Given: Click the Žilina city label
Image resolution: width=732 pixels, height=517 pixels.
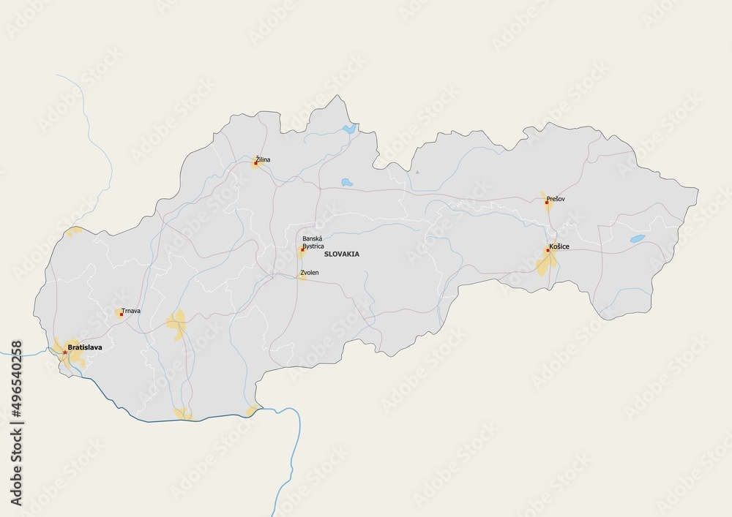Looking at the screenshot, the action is coord(262,158).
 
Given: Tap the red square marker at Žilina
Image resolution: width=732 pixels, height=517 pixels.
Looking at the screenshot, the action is coord(255,163).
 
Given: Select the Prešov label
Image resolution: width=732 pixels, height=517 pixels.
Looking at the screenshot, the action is coord(556,198).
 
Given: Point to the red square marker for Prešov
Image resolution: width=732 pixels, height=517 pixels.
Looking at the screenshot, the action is coord(547,203).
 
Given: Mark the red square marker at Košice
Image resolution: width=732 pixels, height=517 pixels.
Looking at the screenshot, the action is coord(548,251).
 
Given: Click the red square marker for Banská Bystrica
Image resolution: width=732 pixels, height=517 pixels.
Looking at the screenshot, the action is coord(302,250).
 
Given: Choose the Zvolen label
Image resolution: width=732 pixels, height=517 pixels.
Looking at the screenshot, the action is coord(310,272).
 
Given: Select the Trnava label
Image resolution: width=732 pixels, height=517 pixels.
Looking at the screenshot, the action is coord(132,311).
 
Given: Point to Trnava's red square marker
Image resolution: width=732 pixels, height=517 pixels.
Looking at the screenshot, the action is coord(121,314).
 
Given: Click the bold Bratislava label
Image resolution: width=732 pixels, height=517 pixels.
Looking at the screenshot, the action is coord(84,347).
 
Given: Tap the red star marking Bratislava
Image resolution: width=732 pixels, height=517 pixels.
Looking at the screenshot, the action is coord(64,352).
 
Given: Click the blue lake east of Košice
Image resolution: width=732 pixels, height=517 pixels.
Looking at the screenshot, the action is coord(638,238).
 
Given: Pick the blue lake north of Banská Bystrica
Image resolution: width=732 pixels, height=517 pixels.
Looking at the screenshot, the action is coord(346,182).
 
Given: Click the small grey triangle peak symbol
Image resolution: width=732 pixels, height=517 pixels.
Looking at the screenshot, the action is coord(417,171).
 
